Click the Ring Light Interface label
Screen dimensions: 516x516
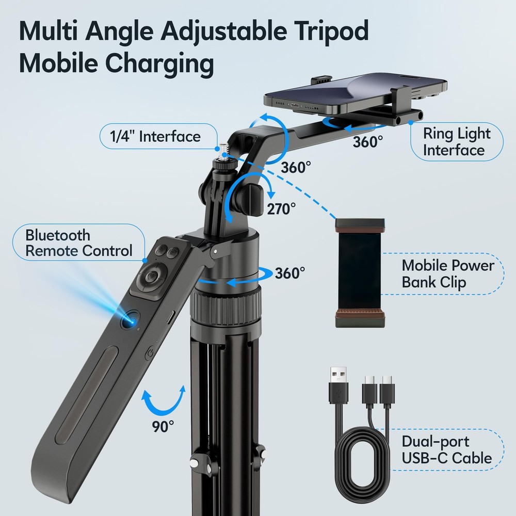click(457, 142)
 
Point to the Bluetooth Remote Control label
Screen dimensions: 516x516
click(79, 243)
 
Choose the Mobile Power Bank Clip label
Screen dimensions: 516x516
click(448, 274)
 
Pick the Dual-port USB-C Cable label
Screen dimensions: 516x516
click(446, 449)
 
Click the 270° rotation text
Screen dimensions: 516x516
click(281, 208)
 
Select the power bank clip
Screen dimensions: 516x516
click(360, 273)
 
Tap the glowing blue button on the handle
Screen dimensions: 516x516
click(131, 319)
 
